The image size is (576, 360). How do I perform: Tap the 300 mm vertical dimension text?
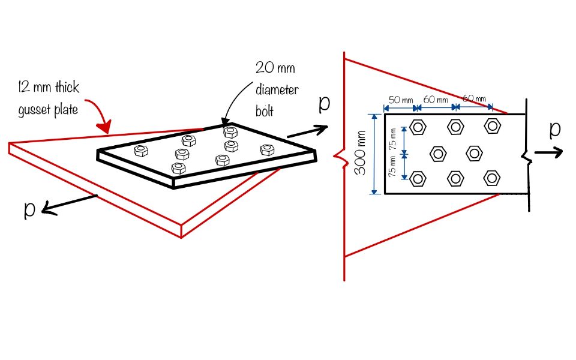point(361,154)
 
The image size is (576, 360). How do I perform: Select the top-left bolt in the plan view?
point(418,127)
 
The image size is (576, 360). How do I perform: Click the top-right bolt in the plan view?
point(493,126)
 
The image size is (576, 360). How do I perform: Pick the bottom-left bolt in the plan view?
point(418,178)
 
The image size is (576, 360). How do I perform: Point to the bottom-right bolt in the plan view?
point(492,178)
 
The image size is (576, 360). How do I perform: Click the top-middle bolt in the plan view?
point(455,126)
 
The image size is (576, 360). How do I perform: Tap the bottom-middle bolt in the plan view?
point(455,178)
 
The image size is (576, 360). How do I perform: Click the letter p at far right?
point(555,129)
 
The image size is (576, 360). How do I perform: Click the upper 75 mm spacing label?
point(392,142)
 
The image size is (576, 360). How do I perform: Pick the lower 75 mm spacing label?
point(392,165)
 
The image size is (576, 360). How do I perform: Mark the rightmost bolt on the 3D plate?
point(266,149)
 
